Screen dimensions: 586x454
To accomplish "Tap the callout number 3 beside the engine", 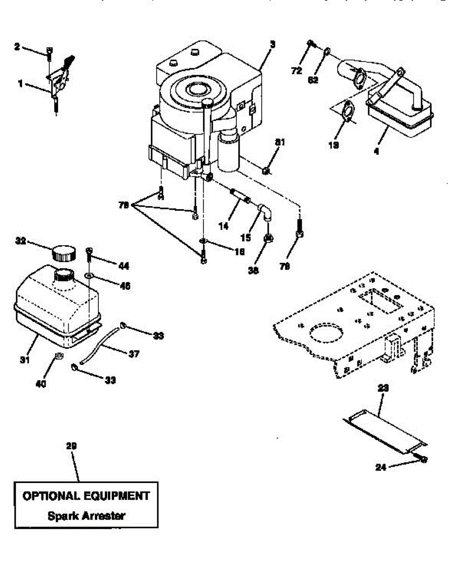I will coord(272,44).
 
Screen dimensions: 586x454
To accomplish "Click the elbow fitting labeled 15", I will coord(264,211).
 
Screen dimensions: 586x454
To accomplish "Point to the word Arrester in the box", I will coord(103,516).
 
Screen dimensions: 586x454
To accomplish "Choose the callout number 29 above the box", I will coord(71,446).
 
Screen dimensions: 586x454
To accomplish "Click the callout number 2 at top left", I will coord(17,47).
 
